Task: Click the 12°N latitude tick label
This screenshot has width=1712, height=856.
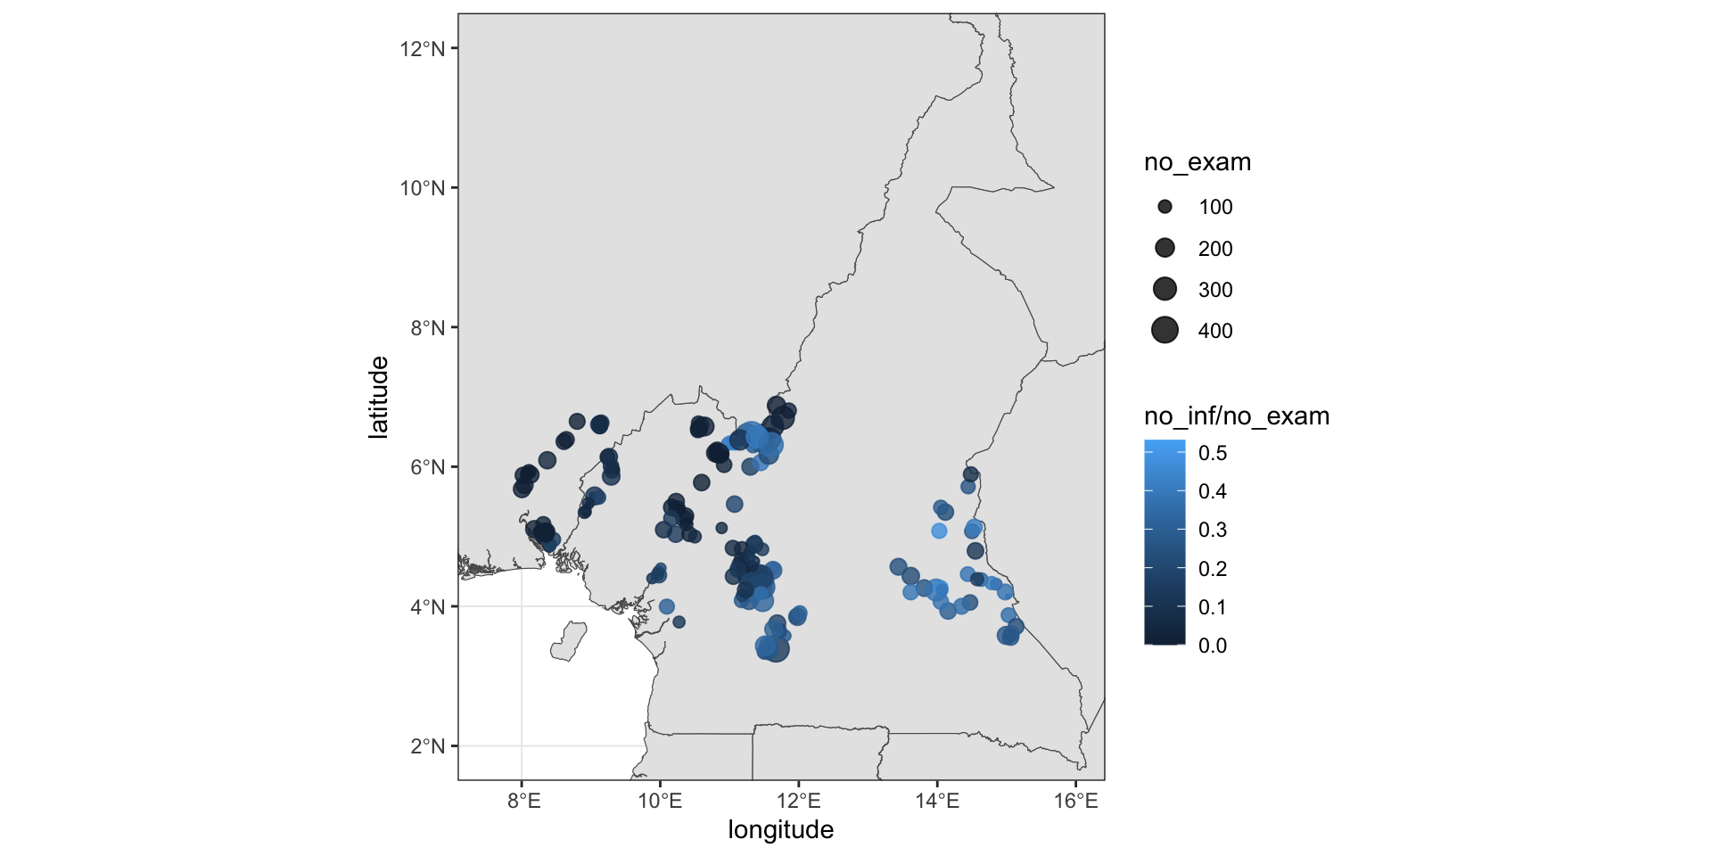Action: coord(422,49)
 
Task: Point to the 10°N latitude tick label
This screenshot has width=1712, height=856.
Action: coord(422,188)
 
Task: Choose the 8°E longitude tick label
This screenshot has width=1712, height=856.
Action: coord(523,801)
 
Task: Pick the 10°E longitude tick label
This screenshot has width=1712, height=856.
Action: coord(660,801)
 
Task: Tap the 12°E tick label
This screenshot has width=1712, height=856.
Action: coord(799,801)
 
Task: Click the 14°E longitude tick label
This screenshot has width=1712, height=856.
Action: coord(937,801)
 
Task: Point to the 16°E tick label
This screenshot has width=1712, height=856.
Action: coord(1076,801)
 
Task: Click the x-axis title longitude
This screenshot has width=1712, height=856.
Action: coord(780,830)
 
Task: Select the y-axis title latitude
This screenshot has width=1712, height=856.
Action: coord(379,398)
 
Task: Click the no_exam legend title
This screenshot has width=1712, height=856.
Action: coord(1198,162)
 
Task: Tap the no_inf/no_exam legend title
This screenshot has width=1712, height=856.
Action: coord(1237,416)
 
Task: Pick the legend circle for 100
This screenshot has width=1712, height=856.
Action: coord(1165,207)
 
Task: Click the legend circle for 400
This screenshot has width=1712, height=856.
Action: coord(1165,330)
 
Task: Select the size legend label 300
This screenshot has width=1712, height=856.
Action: coord(1215,290)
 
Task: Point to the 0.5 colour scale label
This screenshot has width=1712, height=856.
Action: coord(1213,453)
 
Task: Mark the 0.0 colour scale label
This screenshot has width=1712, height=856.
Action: coord(1213,646)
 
